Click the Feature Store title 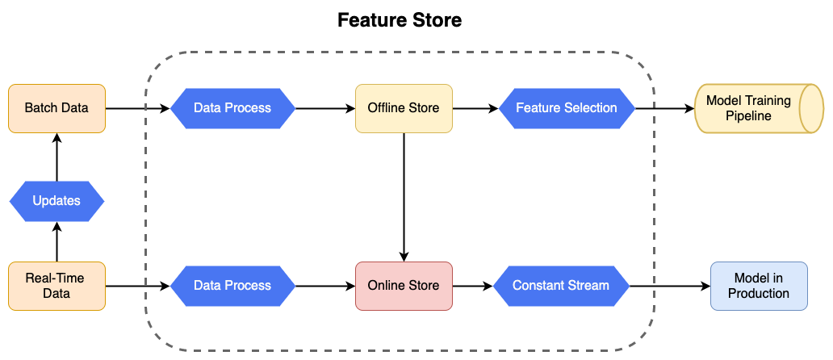tap(400, 20)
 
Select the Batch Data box tap(57, 108)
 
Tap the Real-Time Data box tap(57, 286)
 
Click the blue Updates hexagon tap(57, 200)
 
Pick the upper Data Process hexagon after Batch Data tap(232, 108)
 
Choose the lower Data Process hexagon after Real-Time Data tap(232, 286)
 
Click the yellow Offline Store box tap(404, 108)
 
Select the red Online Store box tap(404, 286)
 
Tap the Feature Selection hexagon tap(566, 108)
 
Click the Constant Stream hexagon tap(560, 286)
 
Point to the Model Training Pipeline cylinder tap(747, 108)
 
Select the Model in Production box tap(758, 286)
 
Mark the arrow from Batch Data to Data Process tap(137, 108)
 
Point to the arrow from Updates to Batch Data tap(57, 157)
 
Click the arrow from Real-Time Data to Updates tap(57, 242)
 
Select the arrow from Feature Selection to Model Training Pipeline tap(664, 108)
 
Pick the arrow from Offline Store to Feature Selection tap(475, 108)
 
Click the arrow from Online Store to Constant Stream tap(472, 286)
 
